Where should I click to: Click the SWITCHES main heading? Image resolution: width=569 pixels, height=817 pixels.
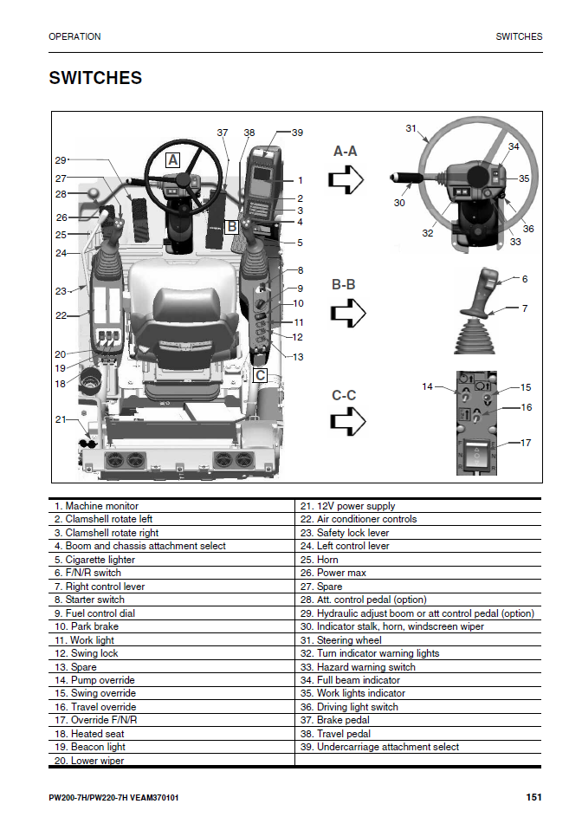click(x=95, y=78)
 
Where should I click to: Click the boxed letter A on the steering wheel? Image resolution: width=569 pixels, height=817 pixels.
click(x=173, y=159)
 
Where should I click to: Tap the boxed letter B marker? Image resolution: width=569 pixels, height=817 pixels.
click(x=231, y=227)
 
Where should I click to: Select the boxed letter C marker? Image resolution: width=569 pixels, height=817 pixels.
click(x=260, y=375)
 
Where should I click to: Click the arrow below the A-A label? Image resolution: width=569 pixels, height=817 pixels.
click(x=346, y=179)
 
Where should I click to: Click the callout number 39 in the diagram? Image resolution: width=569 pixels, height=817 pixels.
click(x=297, y=133)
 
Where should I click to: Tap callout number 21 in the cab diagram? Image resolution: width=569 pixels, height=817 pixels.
click(x=60, y=419)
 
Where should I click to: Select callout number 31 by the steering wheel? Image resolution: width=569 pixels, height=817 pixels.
click(x=411, y=128)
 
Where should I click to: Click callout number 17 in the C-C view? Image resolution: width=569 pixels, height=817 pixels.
click(x=526, y=443)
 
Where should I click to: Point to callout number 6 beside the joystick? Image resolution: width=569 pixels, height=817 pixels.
click(x=525, y=279)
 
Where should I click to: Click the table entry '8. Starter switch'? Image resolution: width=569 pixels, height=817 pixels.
click(x=89, y=600)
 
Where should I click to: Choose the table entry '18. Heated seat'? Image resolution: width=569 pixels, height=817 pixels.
click(x=90, y=734)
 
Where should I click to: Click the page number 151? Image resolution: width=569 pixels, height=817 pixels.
click(x=533, y=797)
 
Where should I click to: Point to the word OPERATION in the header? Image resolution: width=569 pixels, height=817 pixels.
click(x=74, y=36)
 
